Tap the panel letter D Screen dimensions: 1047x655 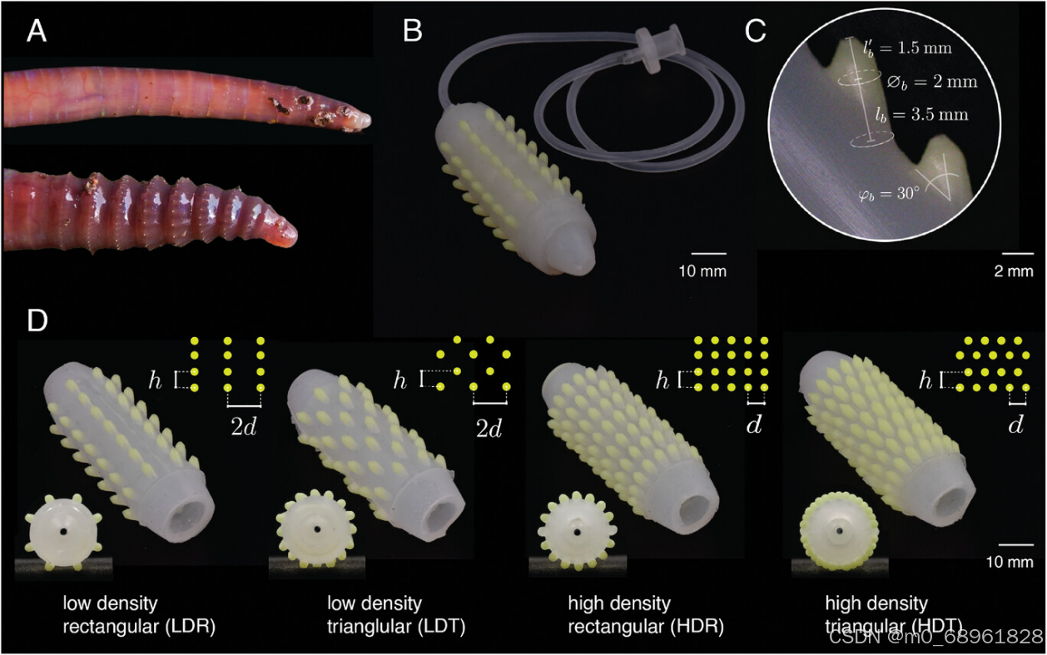point(37,321)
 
